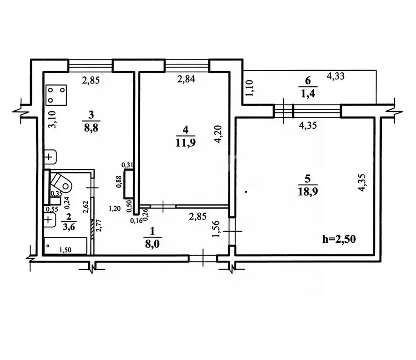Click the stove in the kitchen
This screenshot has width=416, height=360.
click(x=56, y=95)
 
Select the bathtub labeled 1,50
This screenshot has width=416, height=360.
click(x=65, y=246)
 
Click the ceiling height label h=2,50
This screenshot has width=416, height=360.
click(x=339, y=239)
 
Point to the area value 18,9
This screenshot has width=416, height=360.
click(x=308, y=191)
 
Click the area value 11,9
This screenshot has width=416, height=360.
click(x=185, y=142)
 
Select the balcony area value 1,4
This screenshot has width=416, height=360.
click(x=308, y=93)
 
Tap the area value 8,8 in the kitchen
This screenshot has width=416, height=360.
click(x=91, y=127)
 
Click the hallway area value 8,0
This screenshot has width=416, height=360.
click(x=152, y=243)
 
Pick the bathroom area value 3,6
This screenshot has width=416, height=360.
click(x=69, y=227)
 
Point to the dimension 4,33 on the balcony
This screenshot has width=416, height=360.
click(x=336, y=76)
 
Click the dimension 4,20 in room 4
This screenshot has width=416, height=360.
click(x=219, y=134)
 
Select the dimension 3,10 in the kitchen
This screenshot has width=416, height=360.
click(x=53, y=119)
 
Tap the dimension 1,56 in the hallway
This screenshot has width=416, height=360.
click(x=217, y=229)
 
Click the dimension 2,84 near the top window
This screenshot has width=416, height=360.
click(x=186, y=79)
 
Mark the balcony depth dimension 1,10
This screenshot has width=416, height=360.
click(x=250, y=88)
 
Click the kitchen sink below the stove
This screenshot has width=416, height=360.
click(x=50, y=157)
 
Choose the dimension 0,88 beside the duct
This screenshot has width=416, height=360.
click(x=119, y=182)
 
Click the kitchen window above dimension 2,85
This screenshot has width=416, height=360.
click(x=90, y=66)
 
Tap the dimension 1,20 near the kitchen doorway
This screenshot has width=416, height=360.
click(x=114, y=209)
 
